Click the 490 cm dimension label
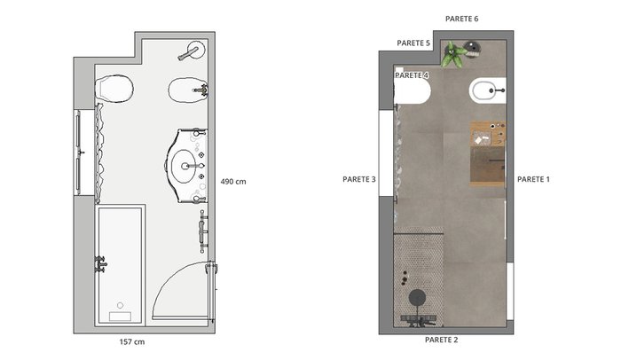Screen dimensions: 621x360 (x=233, y=182)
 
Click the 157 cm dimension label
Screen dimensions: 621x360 (x=132, y=341)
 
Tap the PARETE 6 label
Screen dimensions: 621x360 (x=462, y=19)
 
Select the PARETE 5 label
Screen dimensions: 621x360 (x=413, y=43)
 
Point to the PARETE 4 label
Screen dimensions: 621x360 (x=412, y=75)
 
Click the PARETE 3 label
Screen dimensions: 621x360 (x=358, y=179)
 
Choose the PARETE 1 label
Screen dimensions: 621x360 (x=533, y=179)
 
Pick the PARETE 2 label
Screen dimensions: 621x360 (x=441, y=340)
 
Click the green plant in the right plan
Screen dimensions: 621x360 (x=453, y=54)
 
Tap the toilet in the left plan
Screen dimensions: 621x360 (x=114, y=88)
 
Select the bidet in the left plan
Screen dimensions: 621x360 (x=188, y=90)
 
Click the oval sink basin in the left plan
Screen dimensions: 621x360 (x=184, y=166)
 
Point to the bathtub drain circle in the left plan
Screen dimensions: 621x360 (x=120, y=305)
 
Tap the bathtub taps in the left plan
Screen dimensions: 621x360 (x=100, y=264)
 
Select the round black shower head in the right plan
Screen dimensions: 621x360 (x=417, y=297)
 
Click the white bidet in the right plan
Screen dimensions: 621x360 (x=488, y=90)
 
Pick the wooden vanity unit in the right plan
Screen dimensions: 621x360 (x=488, y=154)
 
